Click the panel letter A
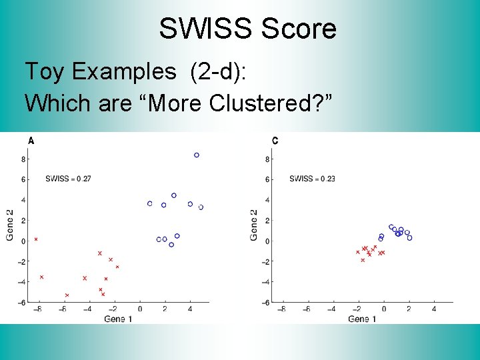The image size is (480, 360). pos(31,140)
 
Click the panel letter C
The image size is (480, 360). pos(275,140)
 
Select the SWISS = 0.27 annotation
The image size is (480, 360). pos(68,179)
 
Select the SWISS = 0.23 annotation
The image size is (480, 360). pos(313,179)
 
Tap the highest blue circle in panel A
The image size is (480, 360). pos(197,155)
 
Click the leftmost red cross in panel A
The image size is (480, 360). pos(36,239)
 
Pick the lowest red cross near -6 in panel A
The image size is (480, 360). pos(67,295)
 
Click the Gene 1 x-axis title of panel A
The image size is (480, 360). pos(117,319)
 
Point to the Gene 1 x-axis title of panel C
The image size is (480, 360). pos(362,319)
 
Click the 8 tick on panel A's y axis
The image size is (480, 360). pos(23,159)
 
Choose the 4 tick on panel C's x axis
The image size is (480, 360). pos(434,309)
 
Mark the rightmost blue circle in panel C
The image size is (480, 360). pos(409,238)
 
